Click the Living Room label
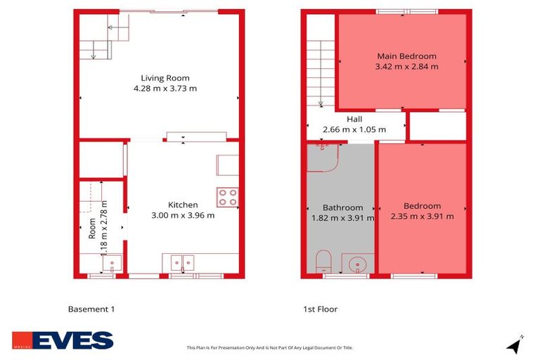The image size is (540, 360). coord(165,78)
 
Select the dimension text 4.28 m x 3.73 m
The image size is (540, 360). coord(165,89)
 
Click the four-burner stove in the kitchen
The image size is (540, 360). coord(227,197)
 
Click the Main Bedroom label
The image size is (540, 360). coord(406,56)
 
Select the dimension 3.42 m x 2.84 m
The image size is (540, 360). coord(406,67)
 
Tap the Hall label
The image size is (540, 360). coord(354,120)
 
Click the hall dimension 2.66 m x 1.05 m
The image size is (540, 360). coord(354,130)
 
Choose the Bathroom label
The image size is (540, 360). coord(342,207)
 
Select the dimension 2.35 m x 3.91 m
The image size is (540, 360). coord(422,217)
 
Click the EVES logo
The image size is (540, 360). coord(63,340)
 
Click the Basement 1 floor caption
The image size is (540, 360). coord(91,309)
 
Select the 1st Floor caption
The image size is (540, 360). coord(320,309)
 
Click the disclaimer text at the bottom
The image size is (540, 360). coord(269,347)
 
